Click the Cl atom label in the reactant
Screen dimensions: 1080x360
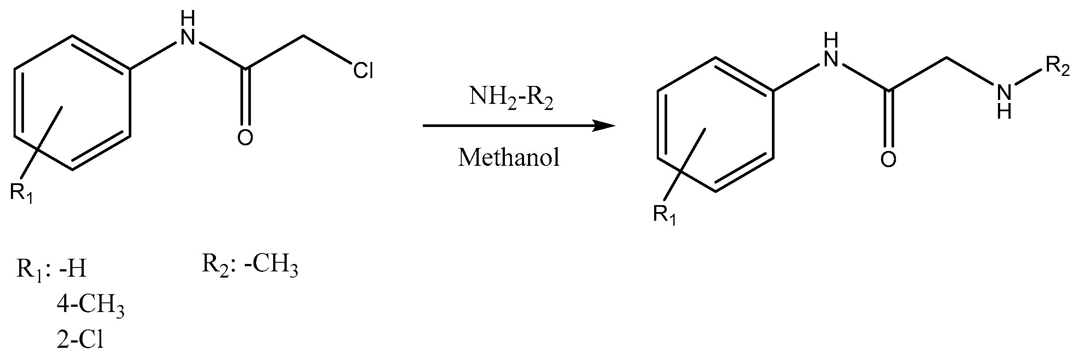click(x=363, y=70)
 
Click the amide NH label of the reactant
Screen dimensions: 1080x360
click(x=188, y=31)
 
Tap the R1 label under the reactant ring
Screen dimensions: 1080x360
click(x=22, y=192)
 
